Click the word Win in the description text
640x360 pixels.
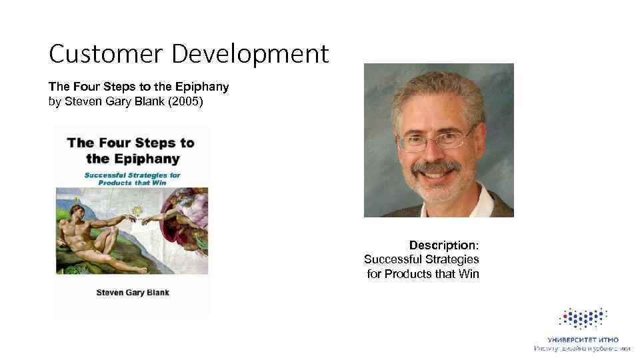(469, 273)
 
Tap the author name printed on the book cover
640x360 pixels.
(133, 292)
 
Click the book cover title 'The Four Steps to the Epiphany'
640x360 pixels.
(131, 150)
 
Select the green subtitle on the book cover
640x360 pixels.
(132, 178)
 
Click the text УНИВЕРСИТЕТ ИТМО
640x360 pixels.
(583, 339)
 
